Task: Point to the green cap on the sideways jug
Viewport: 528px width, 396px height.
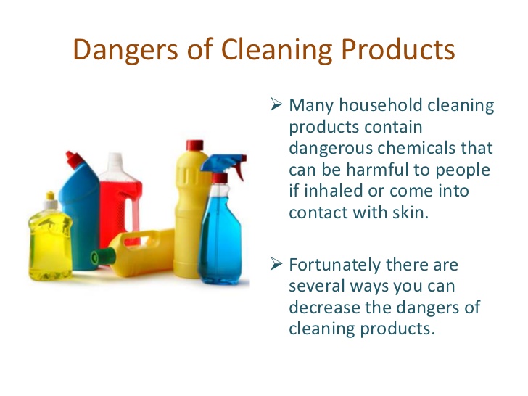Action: pos(96,256)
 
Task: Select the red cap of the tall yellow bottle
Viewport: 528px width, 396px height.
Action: pos(194,144)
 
